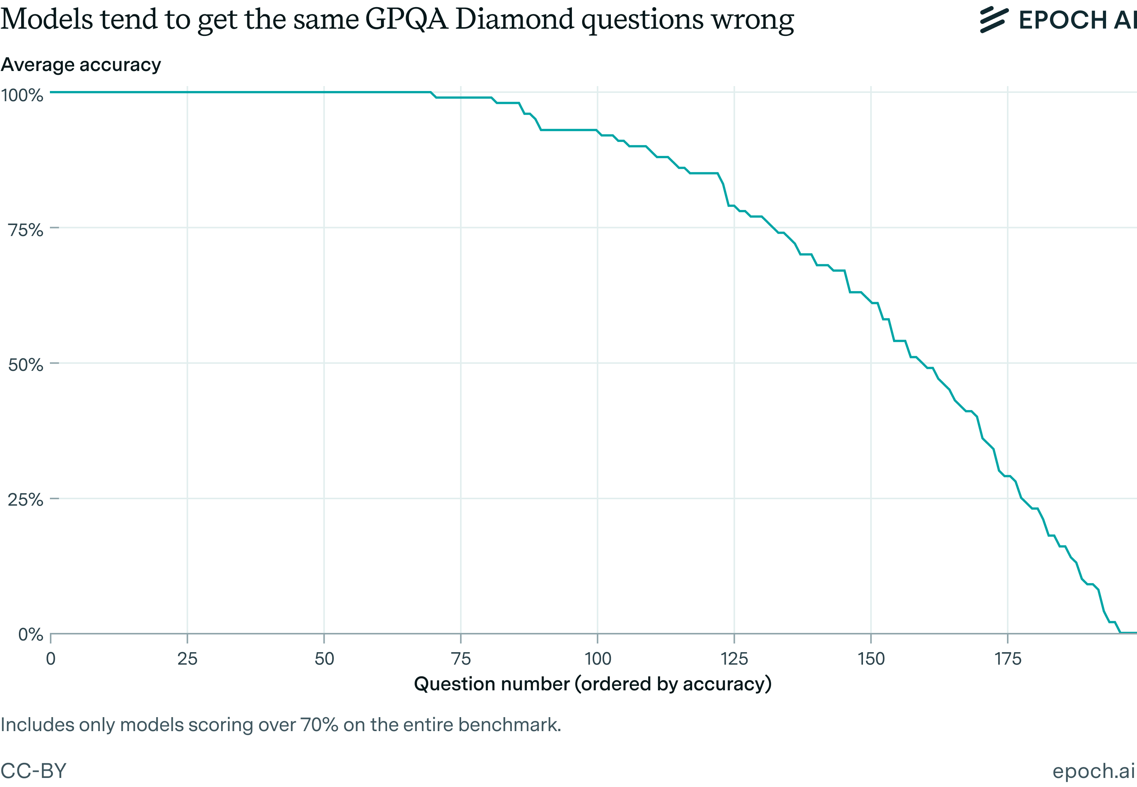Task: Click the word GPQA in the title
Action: pyautogui.click(x=407, y=20)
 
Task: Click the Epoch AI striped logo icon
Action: pyautogui.click(x=993, y=20)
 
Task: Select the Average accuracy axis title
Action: pyautogui.click(x=81, y=65)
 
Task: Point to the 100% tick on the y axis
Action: pyautogui.click(x=22, y=95)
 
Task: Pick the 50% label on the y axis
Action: pyautogui.click(x=26, y=365)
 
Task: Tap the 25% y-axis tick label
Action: pyautogui.click(x=26, y=500)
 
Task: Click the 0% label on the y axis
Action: pyautogui.click(x=31, y=635)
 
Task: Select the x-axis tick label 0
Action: pyautogui.click(x=51, y=659)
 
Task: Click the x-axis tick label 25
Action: pyautogui.click(x=187, y=659)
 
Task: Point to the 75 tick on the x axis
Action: pyautogui.click(x=461, y=659)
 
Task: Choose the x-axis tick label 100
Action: pyautogui.click(x=598, y=659)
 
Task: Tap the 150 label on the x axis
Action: pyautogui.click(x=871, y=659)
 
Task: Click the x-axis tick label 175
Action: pyautogui.click(x=1008, y=659)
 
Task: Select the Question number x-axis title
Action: pyautogui.click(x=593, y=684)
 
